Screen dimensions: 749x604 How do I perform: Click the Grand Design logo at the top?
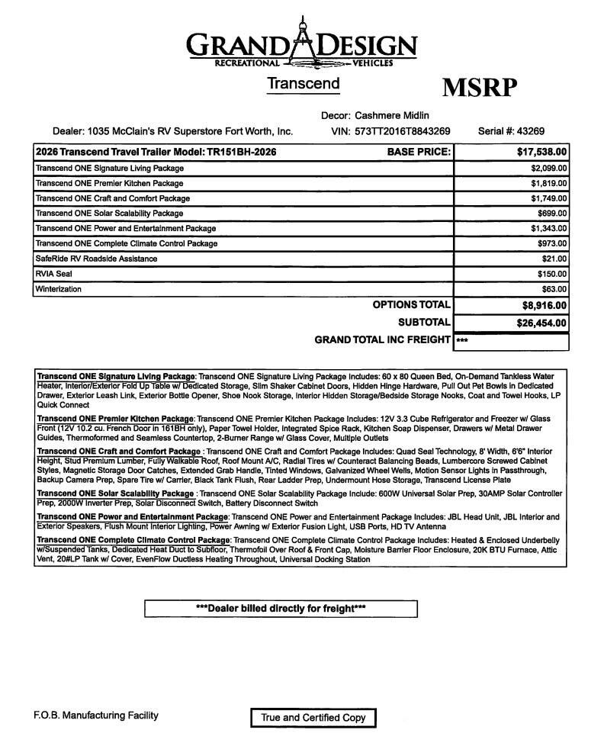[302, 44]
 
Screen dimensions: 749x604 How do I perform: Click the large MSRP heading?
[480, 88]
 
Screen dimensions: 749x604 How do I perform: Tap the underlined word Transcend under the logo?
[303, 83]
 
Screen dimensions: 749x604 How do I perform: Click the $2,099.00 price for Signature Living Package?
[549, 168]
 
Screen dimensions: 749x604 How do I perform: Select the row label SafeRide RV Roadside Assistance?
[97, 259]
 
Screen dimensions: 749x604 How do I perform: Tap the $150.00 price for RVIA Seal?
[552, 274]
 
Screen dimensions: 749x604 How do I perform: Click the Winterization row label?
[59, 289]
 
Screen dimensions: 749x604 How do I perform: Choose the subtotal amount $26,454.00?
[539, 323]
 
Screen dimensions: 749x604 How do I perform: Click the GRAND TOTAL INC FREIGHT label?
[382, 339]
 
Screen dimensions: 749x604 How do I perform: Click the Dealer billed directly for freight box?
[281, 609]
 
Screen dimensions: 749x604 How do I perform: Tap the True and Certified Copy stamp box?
[313, 718]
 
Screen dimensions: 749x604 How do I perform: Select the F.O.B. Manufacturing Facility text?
[96, 715]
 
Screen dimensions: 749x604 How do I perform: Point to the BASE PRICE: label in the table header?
[419, 152]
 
